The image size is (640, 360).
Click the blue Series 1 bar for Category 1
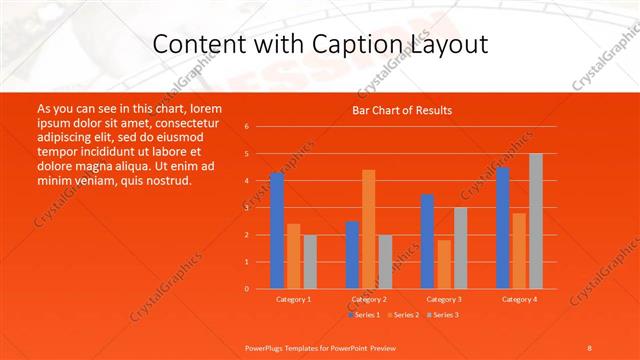tap(277, 231)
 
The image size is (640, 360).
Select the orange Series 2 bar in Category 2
tap(369, 229)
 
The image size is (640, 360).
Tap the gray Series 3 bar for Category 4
tap(536, 221)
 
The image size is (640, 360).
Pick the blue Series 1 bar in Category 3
tap(427, 241)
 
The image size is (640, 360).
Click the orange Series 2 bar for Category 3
tap(444, 264)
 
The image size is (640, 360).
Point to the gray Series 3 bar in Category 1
tap(310, 261)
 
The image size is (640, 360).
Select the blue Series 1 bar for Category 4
tap(502, 228)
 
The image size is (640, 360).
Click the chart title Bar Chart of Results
tap(402, 110)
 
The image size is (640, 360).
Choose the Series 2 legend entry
tap(403, 315)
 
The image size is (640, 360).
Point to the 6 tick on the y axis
tap(246, 127)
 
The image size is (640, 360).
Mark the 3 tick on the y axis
tap(246, 208)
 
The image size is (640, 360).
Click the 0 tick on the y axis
tap(246, 289)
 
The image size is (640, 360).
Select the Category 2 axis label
tap(369, 299)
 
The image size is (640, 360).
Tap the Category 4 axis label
tap(519, 299)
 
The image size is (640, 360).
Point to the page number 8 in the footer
tap(590, 346)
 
